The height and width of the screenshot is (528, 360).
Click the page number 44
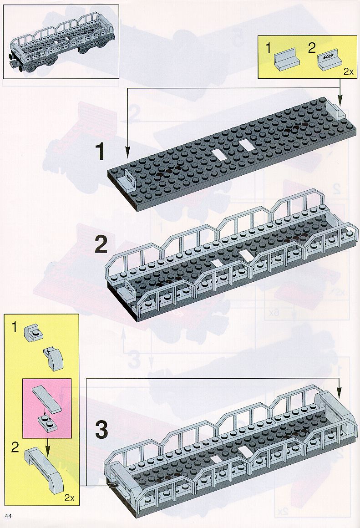pyautogui.click(x=8, y=516)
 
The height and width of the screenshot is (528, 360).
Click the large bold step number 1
pyautogui.click(x=100, y=152)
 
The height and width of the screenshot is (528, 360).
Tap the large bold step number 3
pyautogui.click(x=101, y=430)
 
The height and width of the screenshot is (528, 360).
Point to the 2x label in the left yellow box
pyautogui.click(x=69, y=498)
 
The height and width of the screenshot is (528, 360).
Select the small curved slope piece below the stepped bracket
pyautogui.click(x=53, y=359)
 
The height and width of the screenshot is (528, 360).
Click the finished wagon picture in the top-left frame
pyautogui.click(x=61, y=41)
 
